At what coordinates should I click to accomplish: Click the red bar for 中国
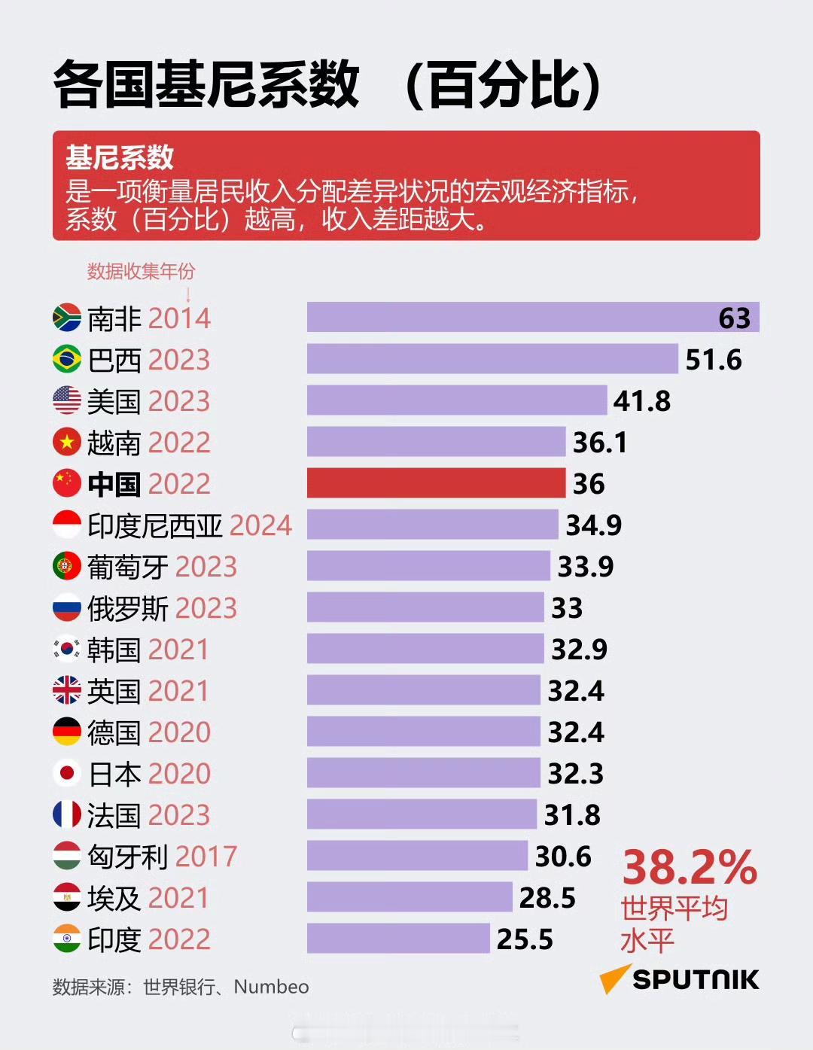point(436,482)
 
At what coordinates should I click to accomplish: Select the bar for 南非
point(532,317)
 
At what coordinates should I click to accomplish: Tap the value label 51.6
point(713,360)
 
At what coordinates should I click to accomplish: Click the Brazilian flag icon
point(67,359)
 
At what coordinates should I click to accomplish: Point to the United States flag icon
point(67,400)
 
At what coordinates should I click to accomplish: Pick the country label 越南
point(114,443)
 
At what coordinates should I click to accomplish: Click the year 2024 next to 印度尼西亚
point(260,525)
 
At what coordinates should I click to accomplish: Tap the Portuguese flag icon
point(67,566)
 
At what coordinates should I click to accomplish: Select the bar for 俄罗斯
point(425,607)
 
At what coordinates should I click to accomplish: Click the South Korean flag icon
point(67,649)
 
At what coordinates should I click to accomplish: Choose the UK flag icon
point(67,690)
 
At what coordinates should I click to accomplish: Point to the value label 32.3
point(575,774)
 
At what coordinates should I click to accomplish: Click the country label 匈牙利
point(127,857)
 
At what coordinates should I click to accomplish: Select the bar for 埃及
point(409,897)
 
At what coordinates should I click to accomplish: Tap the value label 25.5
point(525,939)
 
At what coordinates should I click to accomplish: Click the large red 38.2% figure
point(689,868)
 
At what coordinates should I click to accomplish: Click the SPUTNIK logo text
point(695,979)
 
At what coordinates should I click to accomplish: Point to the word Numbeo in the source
point(271,987)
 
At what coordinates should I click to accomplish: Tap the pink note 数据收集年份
point(141,271)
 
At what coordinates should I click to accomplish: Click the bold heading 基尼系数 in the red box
point(120,158)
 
